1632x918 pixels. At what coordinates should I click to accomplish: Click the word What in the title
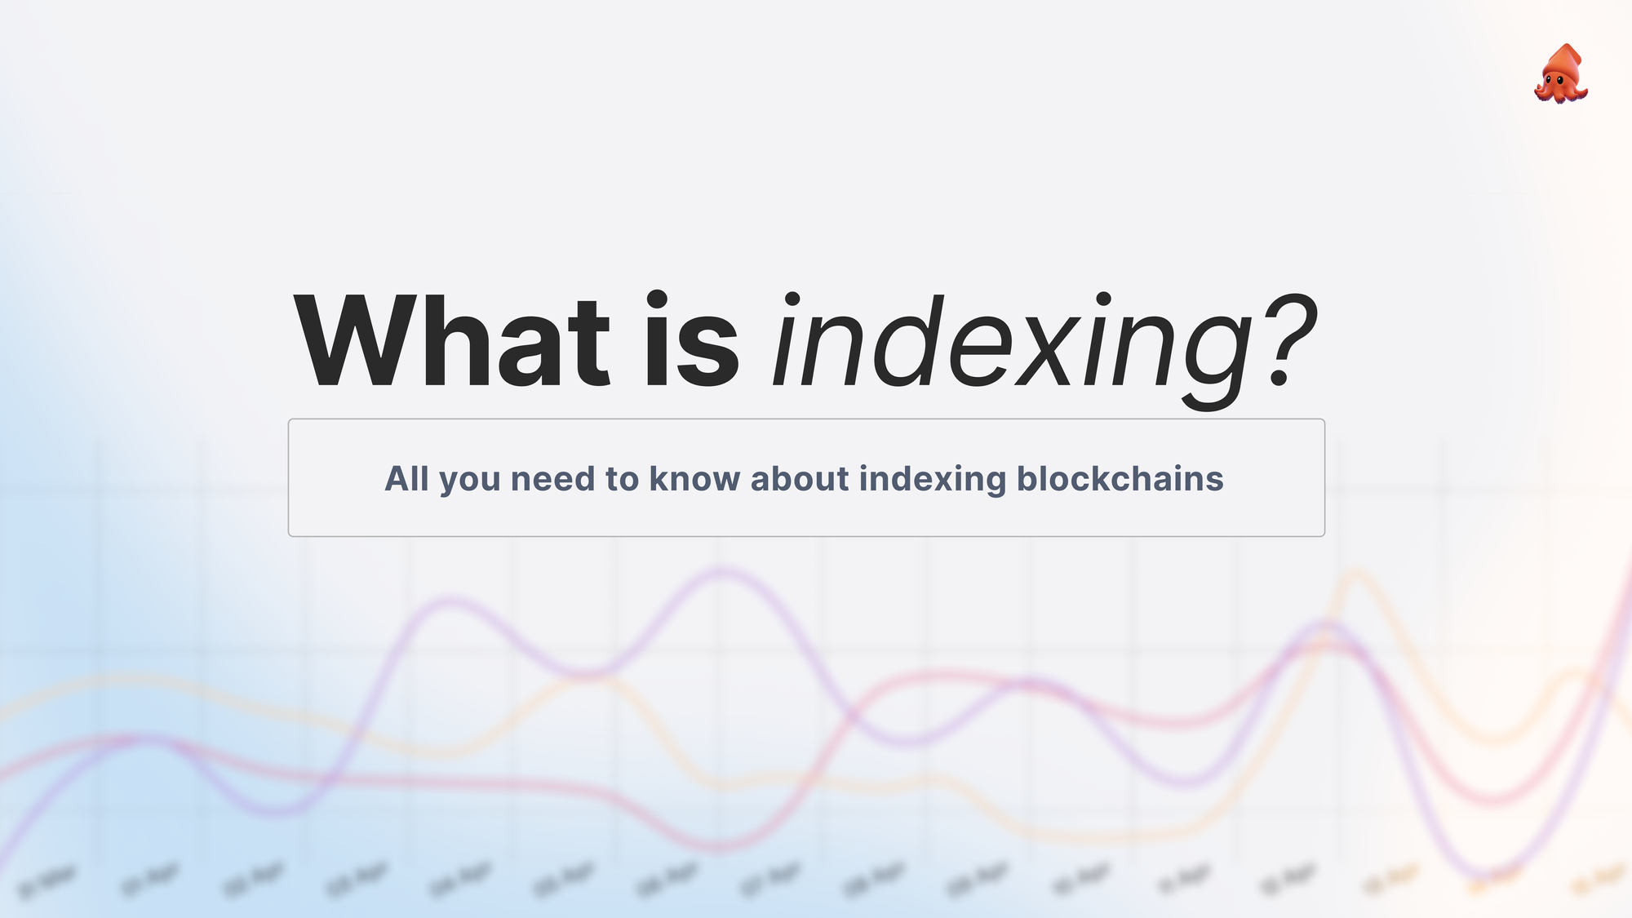(451, 342)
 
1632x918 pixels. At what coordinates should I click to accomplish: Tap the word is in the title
(692, 342)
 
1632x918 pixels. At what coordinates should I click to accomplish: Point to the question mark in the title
(1288, 342)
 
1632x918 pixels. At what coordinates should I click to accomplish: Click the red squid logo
(1561, 74)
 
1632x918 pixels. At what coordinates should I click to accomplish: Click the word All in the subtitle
(406, 478)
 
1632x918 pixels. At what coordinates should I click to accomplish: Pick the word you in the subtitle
(469, 480)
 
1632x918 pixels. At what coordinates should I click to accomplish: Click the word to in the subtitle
(622, 478)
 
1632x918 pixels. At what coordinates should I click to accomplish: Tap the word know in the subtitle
(694, 478)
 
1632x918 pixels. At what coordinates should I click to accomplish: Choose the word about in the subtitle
(799, 478)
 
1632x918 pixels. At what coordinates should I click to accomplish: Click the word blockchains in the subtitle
(1120, 478)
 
